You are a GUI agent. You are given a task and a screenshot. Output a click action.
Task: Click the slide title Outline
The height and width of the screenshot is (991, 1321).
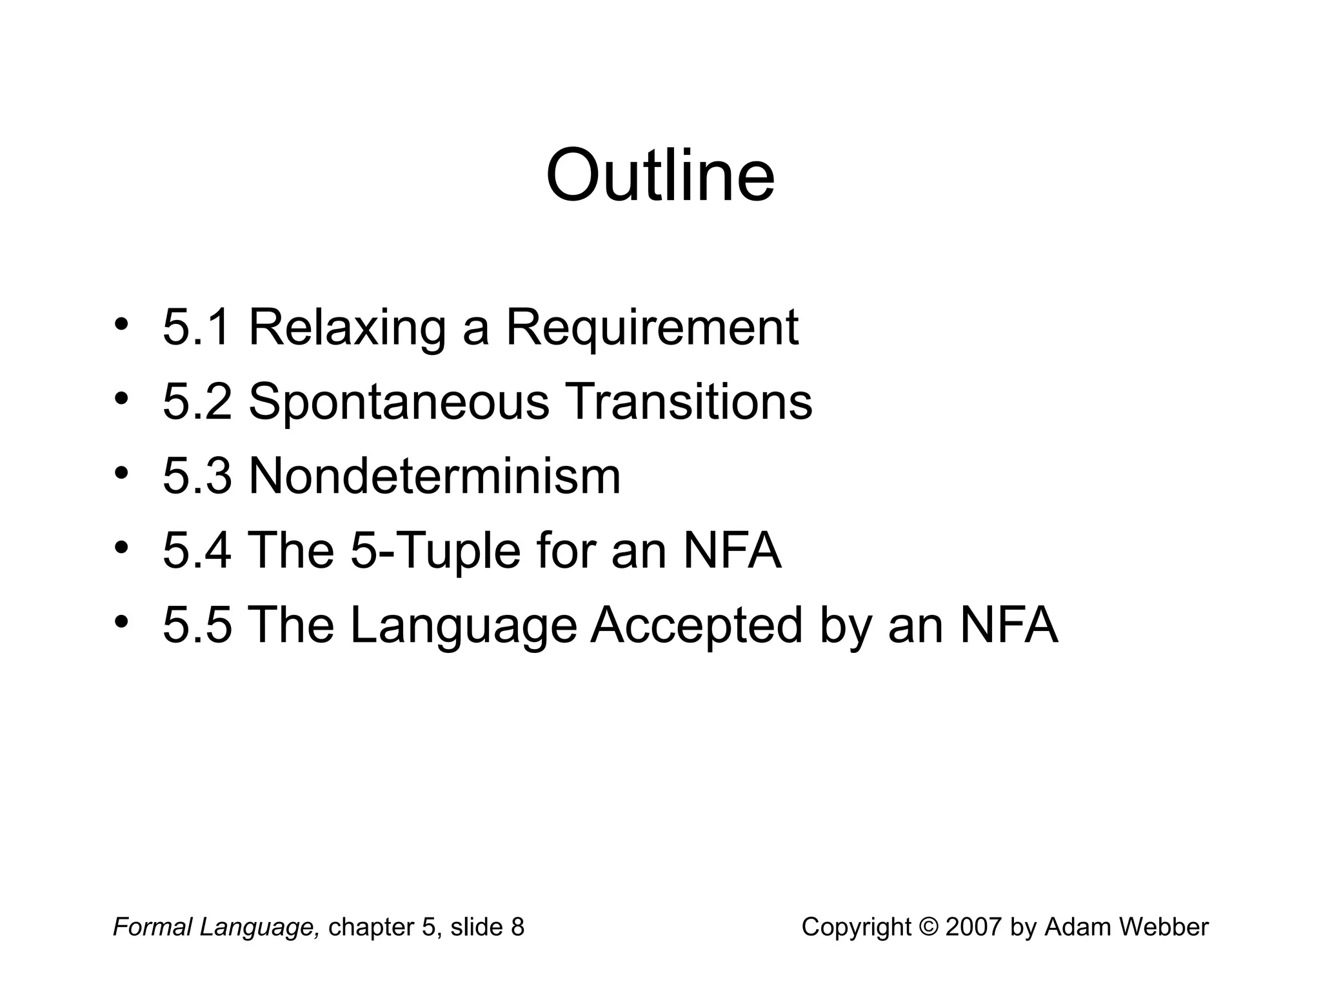660,175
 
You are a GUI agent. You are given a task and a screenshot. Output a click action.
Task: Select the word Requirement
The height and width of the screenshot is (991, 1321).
652,327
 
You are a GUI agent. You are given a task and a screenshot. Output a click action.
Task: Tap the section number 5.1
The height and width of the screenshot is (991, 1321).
197,327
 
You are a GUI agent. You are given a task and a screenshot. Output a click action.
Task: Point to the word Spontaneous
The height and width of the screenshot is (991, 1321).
399,402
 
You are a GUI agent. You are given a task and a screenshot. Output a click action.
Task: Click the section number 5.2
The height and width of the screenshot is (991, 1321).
197,402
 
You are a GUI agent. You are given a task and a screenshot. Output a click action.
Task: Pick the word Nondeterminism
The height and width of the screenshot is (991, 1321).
434,476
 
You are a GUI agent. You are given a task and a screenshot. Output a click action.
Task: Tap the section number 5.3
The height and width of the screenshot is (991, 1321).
197,476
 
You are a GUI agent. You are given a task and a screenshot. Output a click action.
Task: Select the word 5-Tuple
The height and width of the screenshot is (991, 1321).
435,551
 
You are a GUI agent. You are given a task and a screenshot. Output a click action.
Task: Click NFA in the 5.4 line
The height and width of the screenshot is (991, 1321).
732,551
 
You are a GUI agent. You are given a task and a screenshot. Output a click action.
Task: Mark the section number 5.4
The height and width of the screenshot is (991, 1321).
197,551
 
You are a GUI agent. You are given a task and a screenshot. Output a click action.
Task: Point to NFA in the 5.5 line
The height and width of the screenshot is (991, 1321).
1009,625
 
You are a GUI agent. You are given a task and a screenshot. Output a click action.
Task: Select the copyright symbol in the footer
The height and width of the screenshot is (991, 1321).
929,927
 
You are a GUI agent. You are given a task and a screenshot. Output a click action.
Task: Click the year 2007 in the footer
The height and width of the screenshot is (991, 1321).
974,927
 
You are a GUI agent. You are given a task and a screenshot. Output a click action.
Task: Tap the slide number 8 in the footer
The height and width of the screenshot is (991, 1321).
517,927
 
